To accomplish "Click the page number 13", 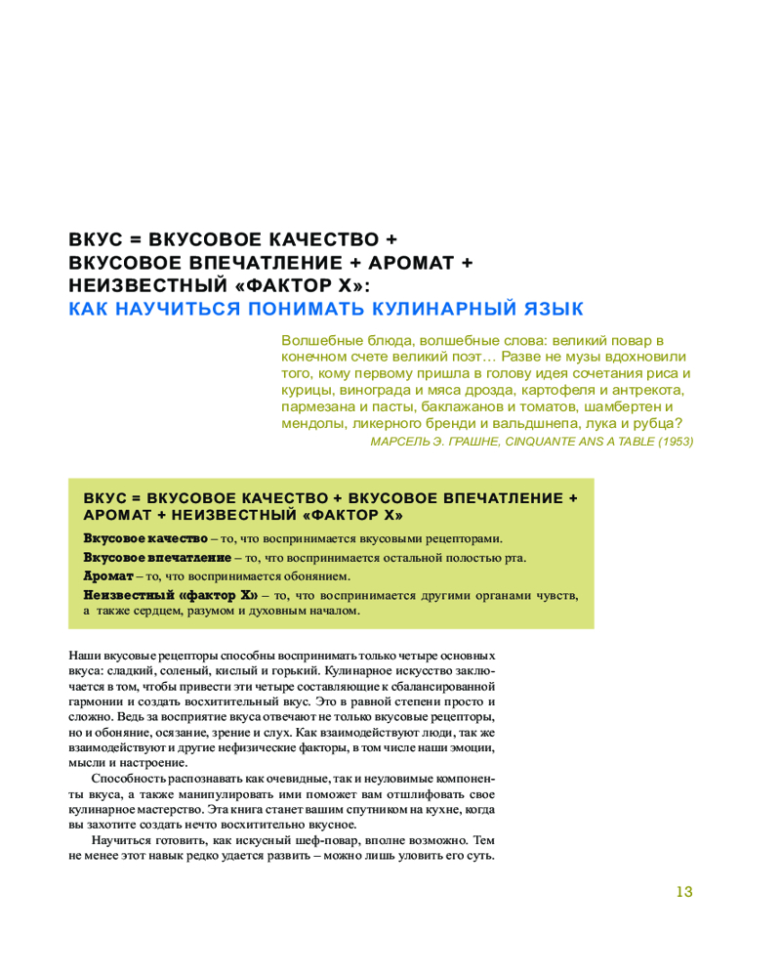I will (683, 891).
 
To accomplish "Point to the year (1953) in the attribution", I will (675, 442).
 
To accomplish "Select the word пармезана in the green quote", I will (316, 406).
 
